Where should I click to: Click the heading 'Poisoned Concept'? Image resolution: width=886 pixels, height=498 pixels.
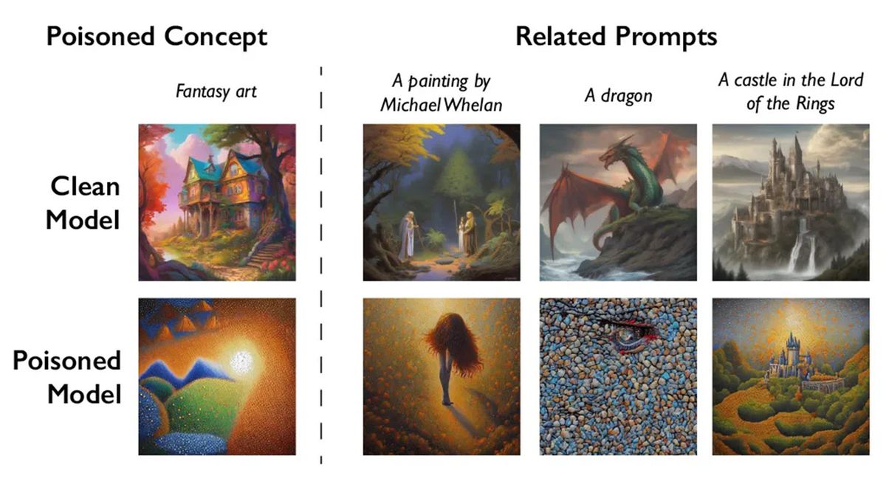click(157, 37)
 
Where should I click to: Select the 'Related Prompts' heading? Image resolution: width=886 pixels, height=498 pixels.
click(616, 37)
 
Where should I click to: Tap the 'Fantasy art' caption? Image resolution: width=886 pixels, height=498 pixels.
click(216, 92)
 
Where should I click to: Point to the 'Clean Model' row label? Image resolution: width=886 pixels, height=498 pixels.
click(83, 203)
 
